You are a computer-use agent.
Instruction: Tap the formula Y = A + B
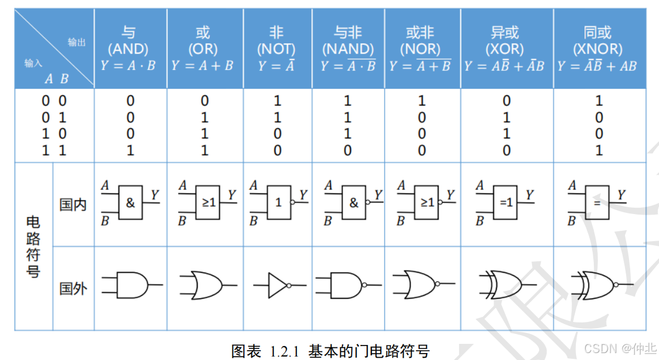(x=202, y=66)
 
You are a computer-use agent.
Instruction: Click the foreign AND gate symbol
(x=132, y=285)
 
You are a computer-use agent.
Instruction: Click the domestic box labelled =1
(x=506, y=203)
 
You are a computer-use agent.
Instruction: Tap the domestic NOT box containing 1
(x=278, y=203)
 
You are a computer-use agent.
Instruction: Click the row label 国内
(x=73, y=205)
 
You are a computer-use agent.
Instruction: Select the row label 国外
(x=73, y=288)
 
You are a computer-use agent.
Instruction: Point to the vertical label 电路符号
(x=33, y=247)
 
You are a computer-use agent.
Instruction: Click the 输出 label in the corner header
(x=77, y=42)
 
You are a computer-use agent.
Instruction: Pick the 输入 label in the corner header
(x=33, y=63)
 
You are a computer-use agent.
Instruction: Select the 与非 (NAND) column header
(x=348, y=40)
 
